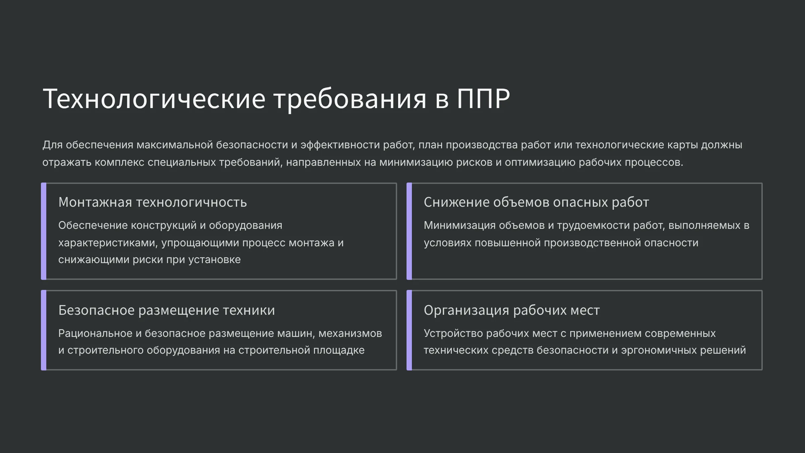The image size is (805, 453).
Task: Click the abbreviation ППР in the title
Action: tap(483, 98)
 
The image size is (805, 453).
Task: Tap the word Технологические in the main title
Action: tap(154, 98)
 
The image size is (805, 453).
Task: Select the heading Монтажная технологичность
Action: tap(153, 202)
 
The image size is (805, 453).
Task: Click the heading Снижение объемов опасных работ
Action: tap(536, 202)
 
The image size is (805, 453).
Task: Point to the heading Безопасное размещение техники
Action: tap(167, 310)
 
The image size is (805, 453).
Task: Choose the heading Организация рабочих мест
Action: tap(512, 310)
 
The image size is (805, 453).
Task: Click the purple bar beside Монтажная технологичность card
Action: tap(44, 231)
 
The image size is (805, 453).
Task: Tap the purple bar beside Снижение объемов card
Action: tap(409, 231)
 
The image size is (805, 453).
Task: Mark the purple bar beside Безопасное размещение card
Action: tap(44, 330)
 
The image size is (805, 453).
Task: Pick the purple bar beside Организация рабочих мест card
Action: tap(409, 330)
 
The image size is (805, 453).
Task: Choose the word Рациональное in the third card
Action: tap(95, 333)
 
